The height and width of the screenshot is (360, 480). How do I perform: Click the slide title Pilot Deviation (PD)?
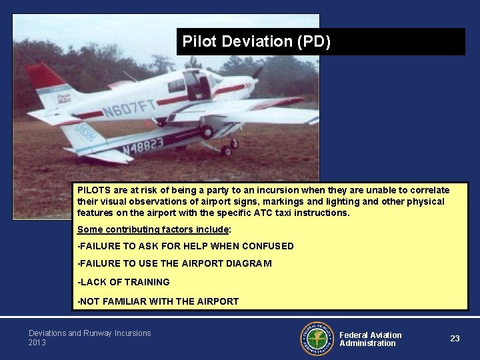click(x=256, y=42)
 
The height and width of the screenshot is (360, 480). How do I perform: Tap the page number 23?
click(x=455, y=339)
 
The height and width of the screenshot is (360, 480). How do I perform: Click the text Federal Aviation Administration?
click(x=371, y=339)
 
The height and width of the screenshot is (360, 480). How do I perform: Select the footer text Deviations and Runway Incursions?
click(x=89, y=333)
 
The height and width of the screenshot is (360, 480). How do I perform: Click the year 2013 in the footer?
click(x=37, y=343)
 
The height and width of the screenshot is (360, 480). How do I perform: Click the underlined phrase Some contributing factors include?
click(x=153, y=230)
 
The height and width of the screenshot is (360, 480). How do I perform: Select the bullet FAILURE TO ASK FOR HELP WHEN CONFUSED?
click(x=185, y=246)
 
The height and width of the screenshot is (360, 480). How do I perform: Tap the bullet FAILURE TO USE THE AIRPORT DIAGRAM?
click(x=175, y=263)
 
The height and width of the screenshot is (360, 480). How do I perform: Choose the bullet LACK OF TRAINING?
click(x=123, y=282)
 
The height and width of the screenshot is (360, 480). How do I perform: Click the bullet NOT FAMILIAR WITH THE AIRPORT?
click(x=158, y=301)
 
